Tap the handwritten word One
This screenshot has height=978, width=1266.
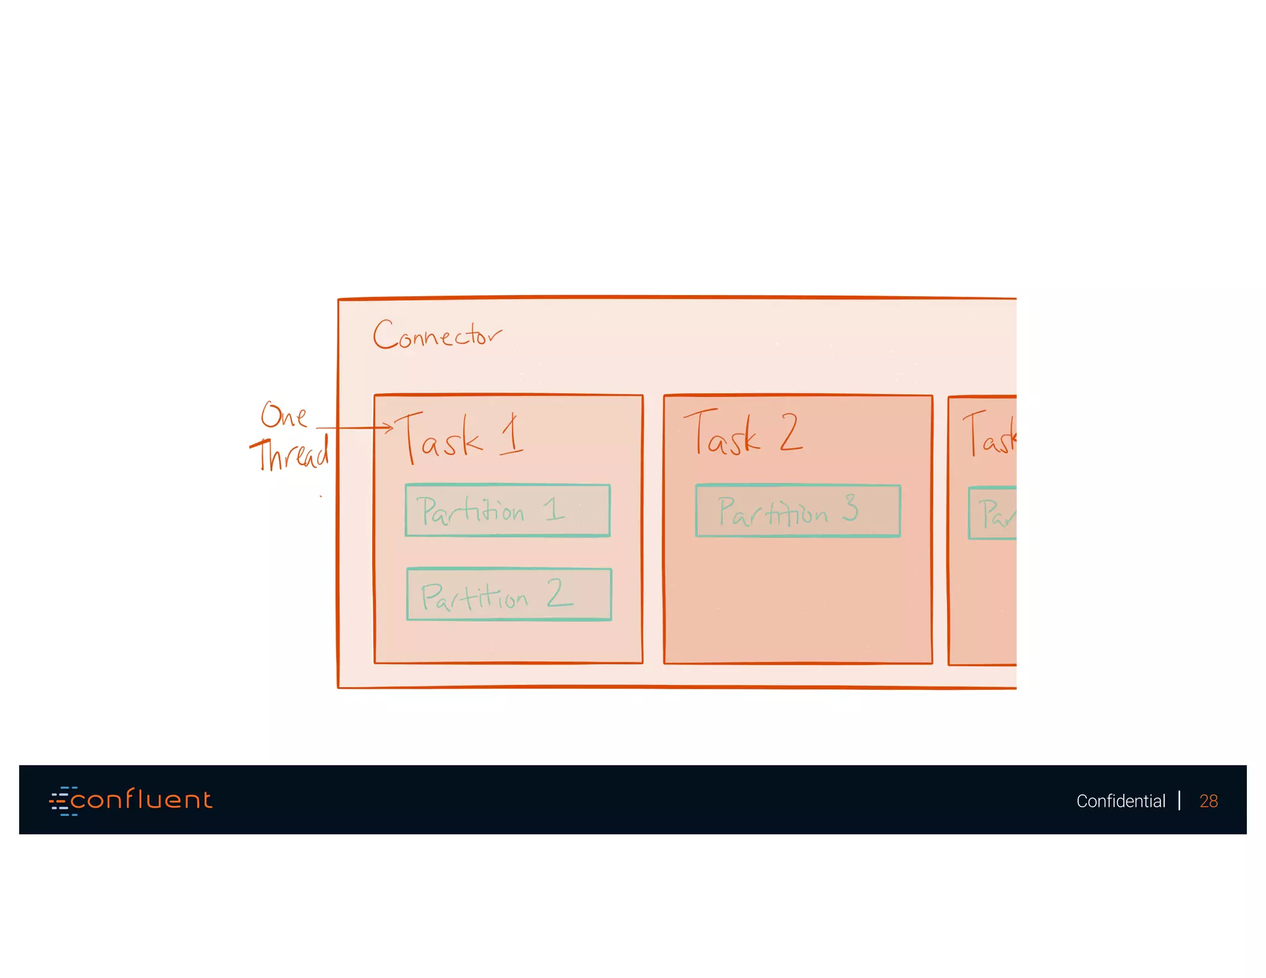click(284, 415)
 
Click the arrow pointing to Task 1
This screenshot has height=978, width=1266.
click(355, 427)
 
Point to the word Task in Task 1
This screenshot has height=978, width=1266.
click(440, 437)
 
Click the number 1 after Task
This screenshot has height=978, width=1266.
click(512, 435)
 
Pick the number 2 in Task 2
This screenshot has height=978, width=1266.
click(791, 432)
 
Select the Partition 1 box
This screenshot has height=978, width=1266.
click(508, 511)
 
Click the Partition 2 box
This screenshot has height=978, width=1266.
click(509, 594)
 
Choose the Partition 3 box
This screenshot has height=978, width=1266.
click(797, 511)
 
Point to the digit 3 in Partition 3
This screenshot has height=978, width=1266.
click(851, 508)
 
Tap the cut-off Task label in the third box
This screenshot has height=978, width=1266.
click(990, 435)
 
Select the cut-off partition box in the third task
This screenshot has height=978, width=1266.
click(993, 513)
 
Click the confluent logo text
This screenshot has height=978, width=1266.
click(142, 800)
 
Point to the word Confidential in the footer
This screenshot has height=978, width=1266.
click(1120, 801)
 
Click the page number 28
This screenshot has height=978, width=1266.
click(1208, 801)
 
